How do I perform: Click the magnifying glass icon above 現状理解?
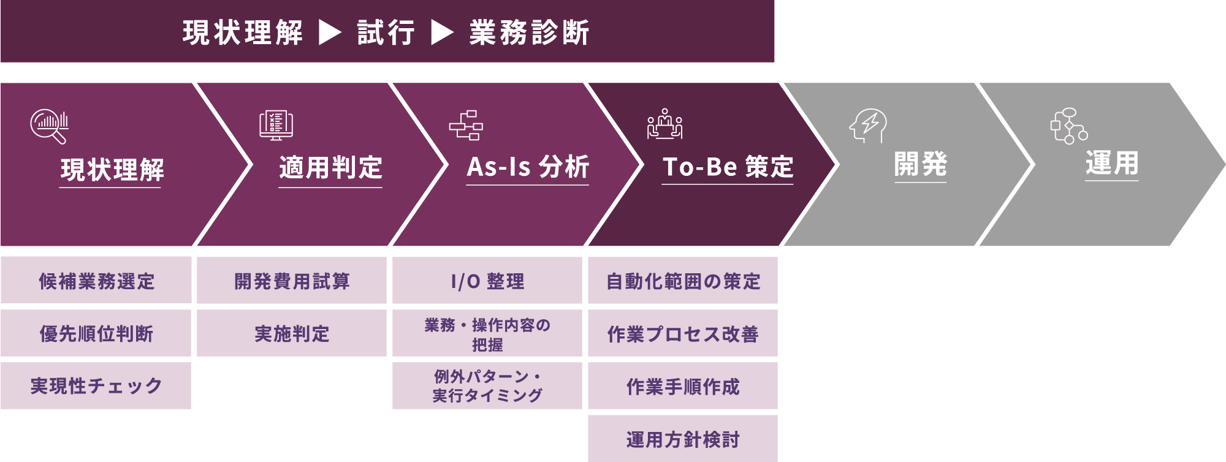tap(49, 126)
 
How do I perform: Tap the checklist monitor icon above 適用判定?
tap(276, 125)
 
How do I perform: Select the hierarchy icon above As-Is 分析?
tap(466, 125)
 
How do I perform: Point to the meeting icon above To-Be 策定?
tap(664, 124)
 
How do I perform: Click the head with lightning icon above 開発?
tap(867, 126)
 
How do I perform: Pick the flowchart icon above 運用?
tap(1068, 126)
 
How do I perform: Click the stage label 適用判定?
tap(330, 168)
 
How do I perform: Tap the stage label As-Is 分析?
tap(528, 167)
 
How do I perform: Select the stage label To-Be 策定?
tap(728, 167)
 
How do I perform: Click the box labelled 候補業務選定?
tap(96, 281)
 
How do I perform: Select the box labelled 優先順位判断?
tap(96, 333)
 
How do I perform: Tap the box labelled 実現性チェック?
tap(96, 386)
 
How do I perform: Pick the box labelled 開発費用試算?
tap(292, 281)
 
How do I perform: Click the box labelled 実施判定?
tap(292, 333)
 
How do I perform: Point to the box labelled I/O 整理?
tap(487, 281)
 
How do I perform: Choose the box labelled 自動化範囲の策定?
tap(683, 281)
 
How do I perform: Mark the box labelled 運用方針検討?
tap(683, 439)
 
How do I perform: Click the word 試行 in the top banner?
tap(386, 32)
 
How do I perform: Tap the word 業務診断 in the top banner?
tap(529, 32)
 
